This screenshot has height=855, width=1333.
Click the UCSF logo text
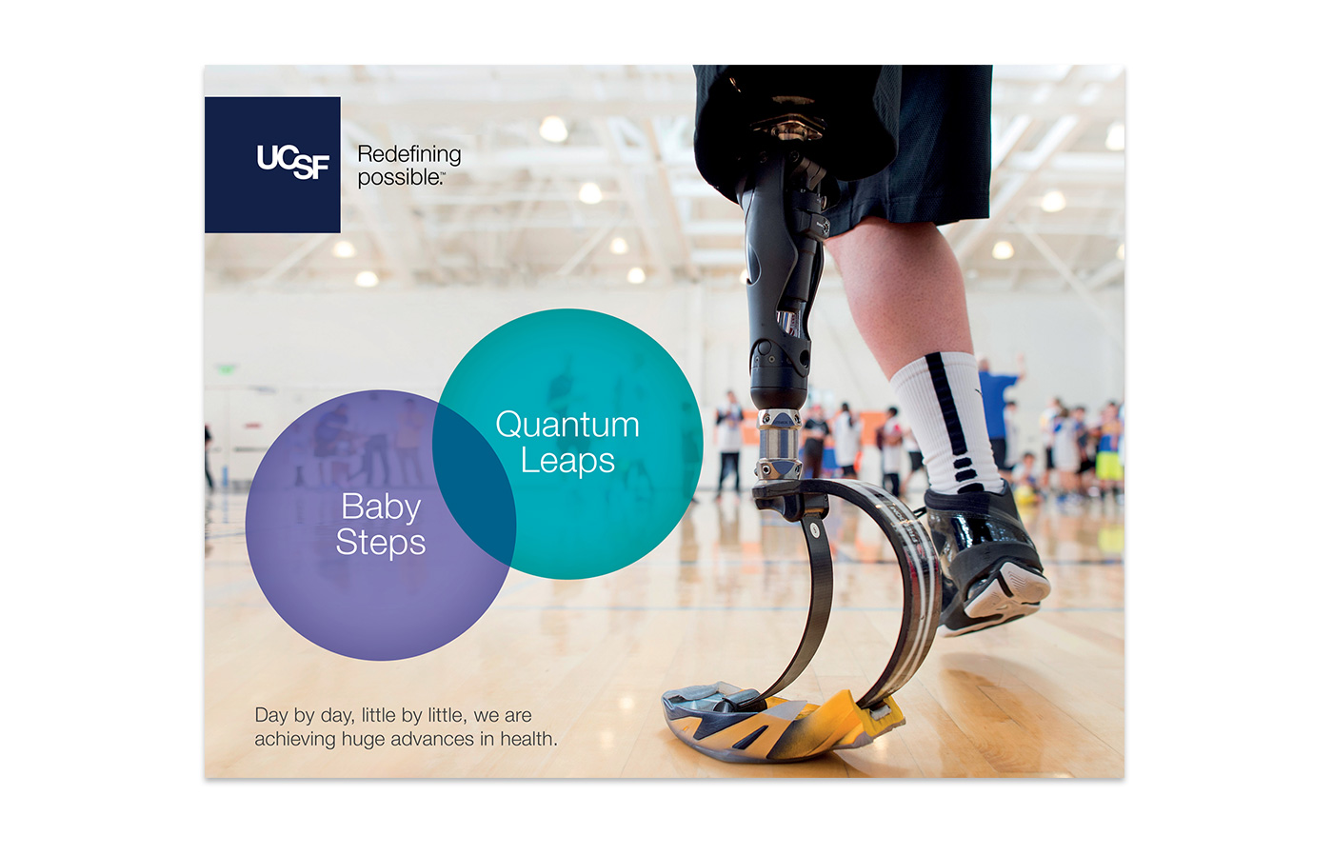(293, 161)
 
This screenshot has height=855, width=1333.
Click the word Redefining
(408, 154)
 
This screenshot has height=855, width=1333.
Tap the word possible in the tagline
(398, 177)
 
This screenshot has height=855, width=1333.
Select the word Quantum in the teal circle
(567, 425)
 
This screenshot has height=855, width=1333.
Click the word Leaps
(567, 461)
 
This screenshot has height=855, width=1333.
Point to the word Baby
(381, 507)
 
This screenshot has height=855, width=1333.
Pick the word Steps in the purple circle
(381, 543)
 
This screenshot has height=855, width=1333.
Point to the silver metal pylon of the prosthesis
(779, 445)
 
